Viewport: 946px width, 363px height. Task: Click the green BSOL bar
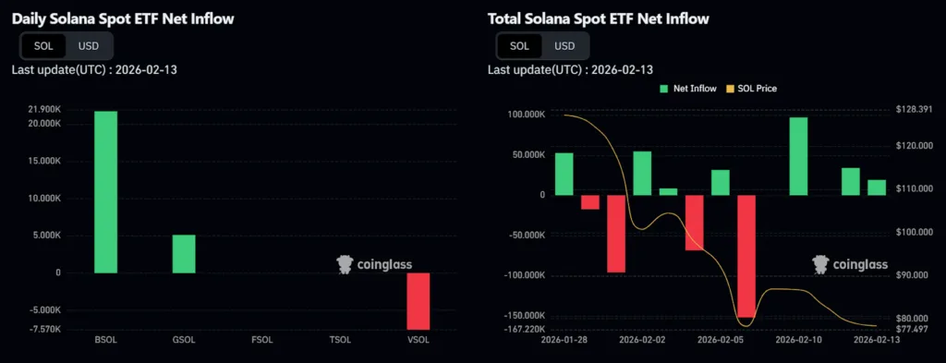coord(105,192)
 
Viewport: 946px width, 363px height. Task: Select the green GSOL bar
coord(184,254)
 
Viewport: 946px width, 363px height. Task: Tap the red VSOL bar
coord(418,301)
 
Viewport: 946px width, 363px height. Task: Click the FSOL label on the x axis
coord(262,340)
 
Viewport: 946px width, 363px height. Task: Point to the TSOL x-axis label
coord(341,340)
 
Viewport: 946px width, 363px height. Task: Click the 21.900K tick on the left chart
coord(44,110)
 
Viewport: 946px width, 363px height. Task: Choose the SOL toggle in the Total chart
coord(520,45)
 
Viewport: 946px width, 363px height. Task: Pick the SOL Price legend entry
coord(752,89)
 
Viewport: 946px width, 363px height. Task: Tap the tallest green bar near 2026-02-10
coord(798,156)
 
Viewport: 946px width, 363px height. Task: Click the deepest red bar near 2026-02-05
coord(746,256)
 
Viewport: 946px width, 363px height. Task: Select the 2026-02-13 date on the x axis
coord(876,340)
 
